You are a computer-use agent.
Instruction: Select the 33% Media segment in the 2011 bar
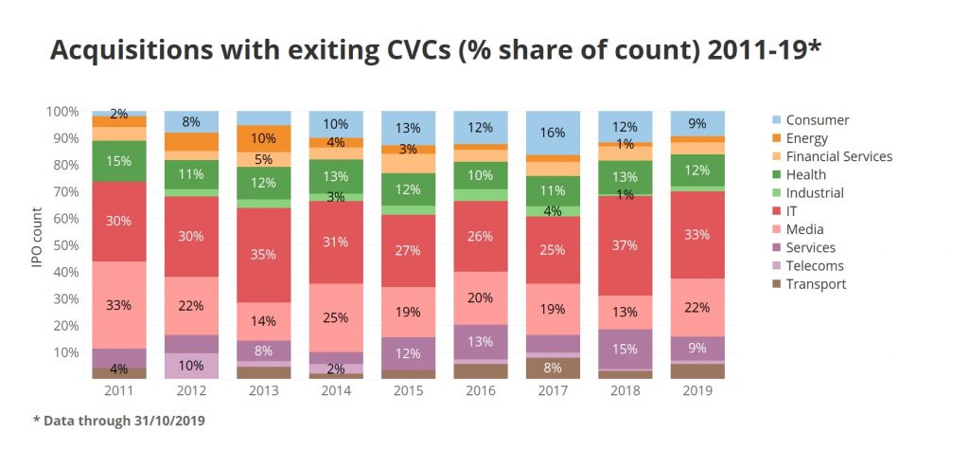pyautogui.click(x=119, y=305)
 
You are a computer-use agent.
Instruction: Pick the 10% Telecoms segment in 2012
pyautogui.click(x=191, y=366)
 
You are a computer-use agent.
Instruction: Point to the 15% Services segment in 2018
pyautogui.click(x=625, y=349)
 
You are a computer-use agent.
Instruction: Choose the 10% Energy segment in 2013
pyautogui.click(x=263, y=138)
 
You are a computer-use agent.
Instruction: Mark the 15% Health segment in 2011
pyautogui.click(x=119, y=161)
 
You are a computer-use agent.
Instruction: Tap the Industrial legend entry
pyautogui.click(x=820, y=192)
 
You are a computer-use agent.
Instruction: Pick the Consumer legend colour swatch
pyautogui.click(x=774, y=120)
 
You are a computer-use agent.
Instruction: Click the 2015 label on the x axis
pyautogui.click(x=408, y=390)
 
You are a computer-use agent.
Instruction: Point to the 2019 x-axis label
pyautogui.click(x=696, y=390)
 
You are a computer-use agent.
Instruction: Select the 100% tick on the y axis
pyautogui.click(x=62, y=112)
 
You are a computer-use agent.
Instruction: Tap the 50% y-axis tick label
pyautogui.click(x=65, y=245)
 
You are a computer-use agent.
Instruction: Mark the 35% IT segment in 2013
pyautogui.click(x=263, y=255)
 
